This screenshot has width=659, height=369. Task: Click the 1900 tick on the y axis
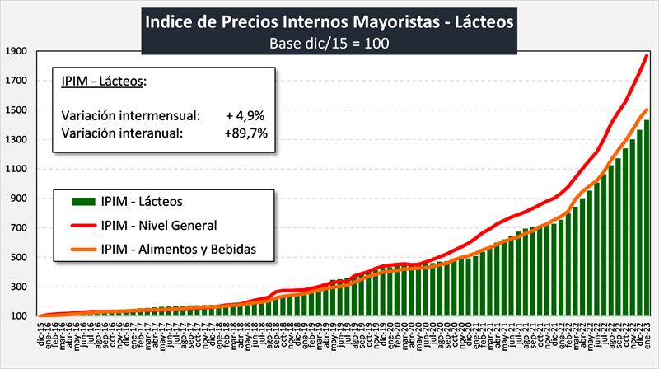click(x=16, y=51)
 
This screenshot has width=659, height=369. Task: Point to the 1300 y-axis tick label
click(x=16, y=139)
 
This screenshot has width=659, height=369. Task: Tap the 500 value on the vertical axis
click(x=19, y=257)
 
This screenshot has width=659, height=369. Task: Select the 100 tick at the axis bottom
click(x=19, y=316)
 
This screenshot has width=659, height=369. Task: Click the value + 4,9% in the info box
click(x=245, y=114)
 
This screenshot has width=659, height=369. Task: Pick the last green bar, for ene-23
click(x=647, y=218)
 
